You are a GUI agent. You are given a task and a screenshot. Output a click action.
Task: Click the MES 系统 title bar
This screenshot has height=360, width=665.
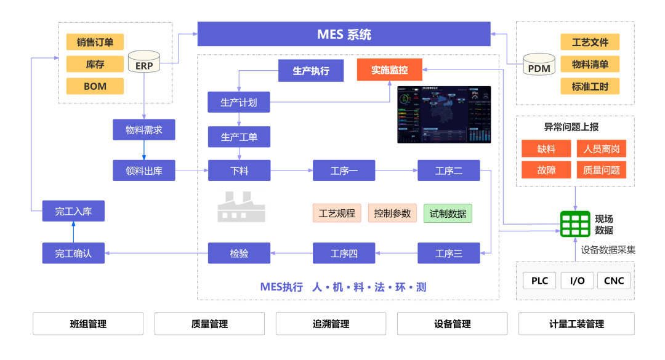point(344,34)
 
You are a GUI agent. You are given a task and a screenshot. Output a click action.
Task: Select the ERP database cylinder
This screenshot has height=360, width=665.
point(144,64)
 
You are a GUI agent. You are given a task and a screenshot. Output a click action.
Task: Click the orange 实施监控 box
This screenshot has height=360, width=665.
point(390,70)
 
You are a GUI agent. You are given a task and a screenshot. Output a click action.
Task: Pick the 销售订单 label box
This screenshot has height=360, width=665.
point(95,42)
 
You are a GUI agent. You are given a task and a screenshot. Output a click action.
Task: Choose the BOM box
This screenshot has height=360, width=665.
point(95,86)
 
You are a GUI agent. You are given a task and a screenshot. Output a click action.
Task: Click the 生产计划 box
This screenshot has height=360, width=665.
point(239,103)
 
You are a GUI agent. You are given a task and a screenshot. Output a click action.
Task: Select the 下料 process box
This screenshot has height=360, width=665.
point(239,170)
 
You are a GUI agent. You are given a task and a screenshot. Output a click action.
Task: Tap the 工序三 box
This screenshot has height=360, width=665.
point(448,253)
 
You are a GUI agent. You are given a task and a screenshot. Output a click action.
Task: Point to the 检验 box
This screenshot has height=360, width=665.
point(239,253)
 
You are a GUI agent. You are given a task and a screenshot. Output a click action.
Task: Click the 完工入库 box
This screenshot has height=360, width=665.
point(73,211)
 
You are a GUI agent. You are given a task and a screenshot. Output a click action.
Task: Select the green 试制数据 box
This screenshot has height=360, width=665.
point(448,214)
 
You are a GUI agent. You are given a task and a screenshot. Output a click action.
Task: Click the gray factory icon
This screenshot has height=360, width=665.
point(241,207)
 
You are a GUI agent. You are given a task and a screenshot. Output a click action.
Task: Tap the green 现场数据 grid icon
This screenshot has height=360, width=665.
point(575,224)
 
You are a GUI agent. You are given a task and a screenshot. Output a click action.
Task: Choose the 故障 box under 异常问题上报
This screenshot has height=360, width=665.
point(546,170)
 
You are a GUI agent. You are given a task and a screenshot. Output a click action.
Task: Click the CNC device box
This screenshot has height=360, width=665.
point(614,281)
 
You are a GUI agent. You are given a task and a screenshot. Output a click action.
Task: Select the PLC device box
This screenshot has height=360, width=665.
point(539,281)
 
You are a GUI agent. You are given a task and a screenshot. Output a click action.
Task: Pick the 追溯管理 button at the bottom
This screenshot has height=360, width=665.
point(331,324)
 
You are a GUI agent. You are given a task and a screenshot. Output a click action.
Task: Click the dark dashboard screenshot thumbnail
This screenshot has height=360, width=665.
point(444,114)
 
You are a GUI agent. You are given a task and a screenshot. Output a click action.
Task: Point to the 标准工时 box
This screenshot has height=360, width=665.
point(589,86)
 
